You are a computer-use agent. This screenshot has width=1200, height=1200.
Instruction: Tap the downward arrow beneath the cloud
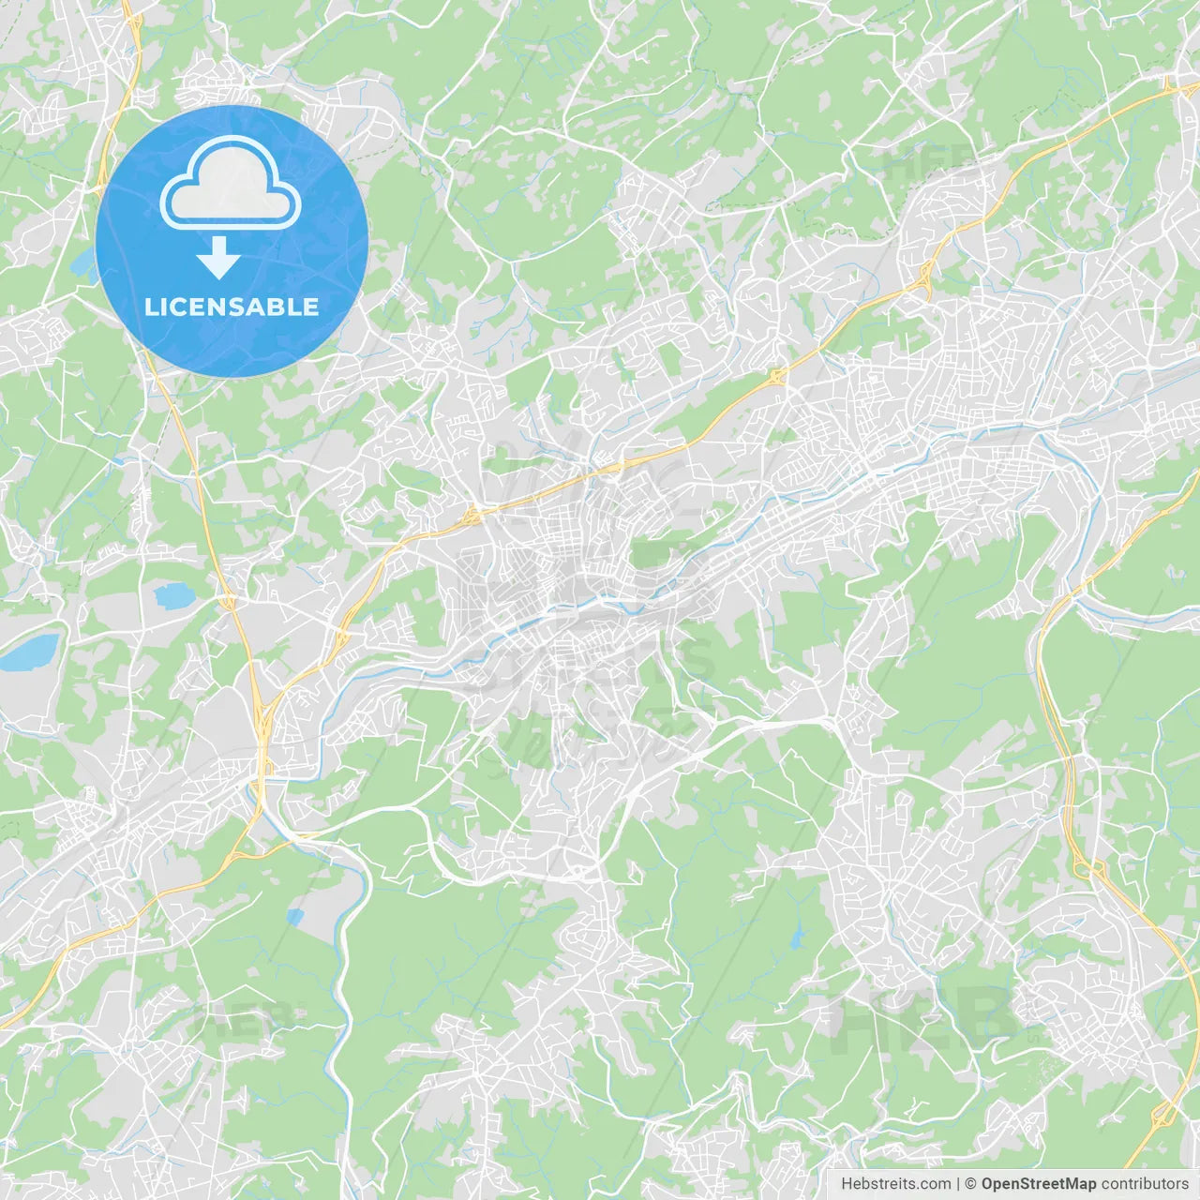point(218,259)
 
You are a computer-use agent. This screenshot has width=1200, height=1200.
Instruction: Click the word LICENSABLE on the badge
point(232,307)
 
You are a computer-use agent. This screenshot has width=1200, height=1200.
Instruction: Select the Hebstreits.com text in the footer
point(895,1184)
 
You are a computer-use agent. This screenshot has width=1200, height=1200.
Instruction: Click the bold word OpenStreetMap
point(1038,1184)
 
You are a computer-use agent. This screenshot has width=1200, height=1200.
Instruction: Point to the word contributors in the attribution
point(1145,1184)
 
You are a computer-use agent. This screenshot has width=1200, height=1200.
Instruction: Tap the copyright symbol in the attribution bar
point(971,1184)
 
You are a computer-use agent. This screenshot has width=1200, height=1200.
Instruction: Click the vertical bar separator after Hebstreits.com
point(958,1184)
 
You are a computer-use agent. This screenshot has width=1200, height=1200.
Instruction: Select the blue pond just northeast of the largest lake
point(172,594)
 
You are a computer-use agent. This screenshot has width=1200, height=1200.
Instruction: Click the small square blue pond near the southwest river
point(295,917)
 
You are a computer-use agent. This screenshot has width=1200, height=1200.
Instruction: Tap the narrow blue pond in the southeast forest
point(797,936)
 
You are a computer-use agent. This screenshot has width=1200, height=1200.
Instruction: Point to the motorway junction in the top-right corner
point(1170,86)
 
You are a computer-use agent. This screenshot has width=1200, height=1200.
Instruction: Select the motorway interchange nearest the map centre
point(472,513)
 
